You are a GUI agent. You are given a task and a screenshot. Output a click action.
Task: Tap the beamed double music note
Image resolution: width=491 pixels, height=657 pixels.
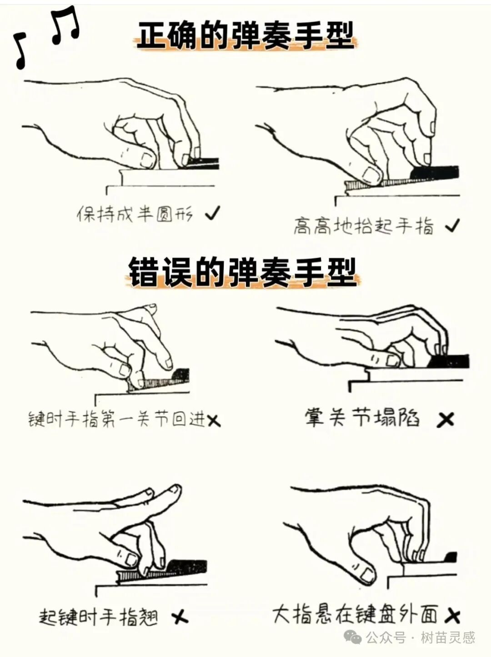[x=65, y=26]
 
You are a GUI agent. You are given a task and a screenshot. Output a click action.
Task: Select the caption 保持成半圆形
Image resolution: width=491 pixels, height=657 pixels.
[x=135, y=213]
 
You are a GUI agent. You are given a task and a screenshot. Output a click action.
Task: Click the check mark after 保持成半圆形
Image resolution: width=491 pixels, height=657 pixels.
[x=212, y=212]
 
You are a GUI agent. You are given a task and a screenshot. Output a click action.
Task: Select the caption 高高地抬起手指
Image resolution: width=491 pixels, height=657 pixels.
[x=364, y=226]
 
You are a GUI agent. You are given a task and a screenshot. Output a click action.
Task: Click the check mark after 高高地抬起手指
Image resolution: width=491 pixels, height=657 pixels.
[x=452, y=225]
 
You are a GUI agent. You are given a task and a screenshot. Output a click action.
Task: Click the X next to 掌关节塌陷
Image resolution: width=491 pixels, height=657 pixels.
[x=445, y=419]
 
